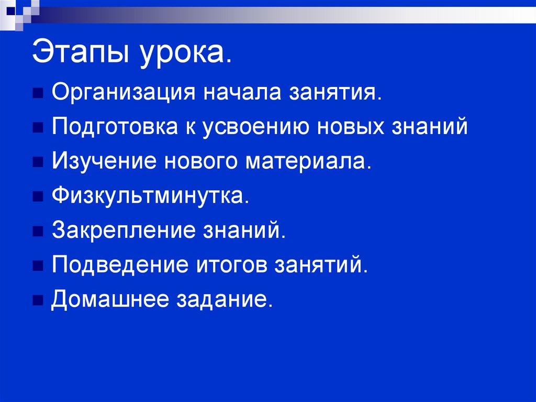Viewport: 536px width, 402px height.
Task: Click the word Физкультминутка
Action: click(x=148, y=195)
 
